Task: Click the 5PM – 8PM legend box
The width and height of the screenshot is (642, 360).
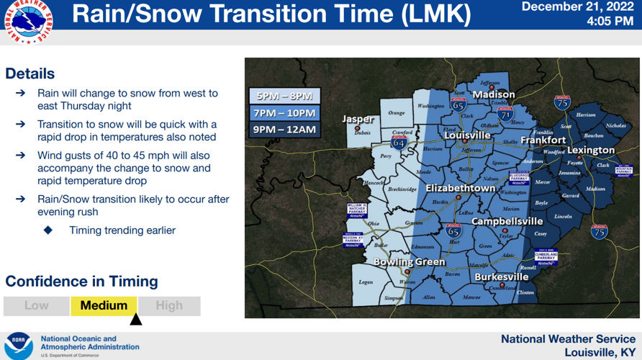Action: (284, 96)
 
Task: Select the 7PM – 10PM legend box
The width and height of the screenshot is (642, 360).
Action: (284, 113)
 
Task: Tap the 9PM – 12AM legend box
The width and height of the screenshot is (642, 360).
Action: (284, 130)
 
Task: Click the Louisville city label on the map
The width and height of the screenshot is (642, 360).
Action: (467, 135)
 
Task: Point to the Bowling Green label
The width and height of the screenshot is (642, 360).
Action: (410, 262)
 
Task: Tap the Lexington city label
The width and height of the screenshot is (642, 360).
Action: (592, 150)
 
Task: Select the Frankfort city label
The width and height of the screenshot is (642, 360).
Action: (543, 140)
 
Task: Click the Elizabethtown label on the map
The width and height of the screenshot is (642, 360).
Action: (461, 188)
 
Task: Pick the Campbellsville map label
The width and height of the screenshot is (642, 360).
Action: (507, 221)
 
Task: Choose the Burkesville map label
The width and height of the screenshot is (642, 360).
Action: (502, 276)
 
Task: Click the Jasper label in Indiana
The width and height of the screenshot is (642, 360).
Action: (358, 120)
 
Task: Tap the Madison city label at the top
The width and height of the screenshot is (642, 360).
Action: (494, 94)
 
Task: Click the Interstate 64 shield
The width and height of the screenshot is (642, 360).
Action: (399, 143)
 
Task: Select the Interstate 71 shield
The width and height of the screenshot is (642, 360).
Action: (505, 113)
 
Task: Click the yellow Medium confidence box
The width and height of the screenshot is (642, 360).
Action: (104, 305)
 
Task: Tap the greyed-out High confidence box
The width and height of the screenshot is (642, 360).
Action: (169, 305)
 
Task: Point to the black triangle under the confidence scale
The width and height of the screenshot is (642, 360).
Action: (135, 319)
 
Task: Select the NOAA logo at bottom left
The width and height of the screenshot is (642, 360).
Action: (19, 346)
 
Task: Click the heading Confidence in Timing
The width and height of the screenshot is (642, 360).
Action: (81, 282)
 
